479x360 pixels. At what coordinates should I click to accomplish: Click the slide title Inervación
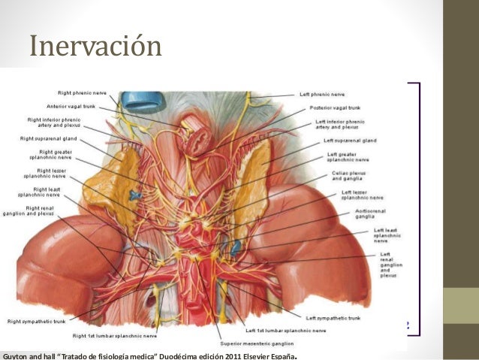95,47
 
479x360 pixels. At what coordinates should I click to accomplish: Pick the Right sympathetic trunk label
37,322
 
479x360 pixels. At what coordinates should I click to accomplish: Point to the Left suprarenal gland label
349,141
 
